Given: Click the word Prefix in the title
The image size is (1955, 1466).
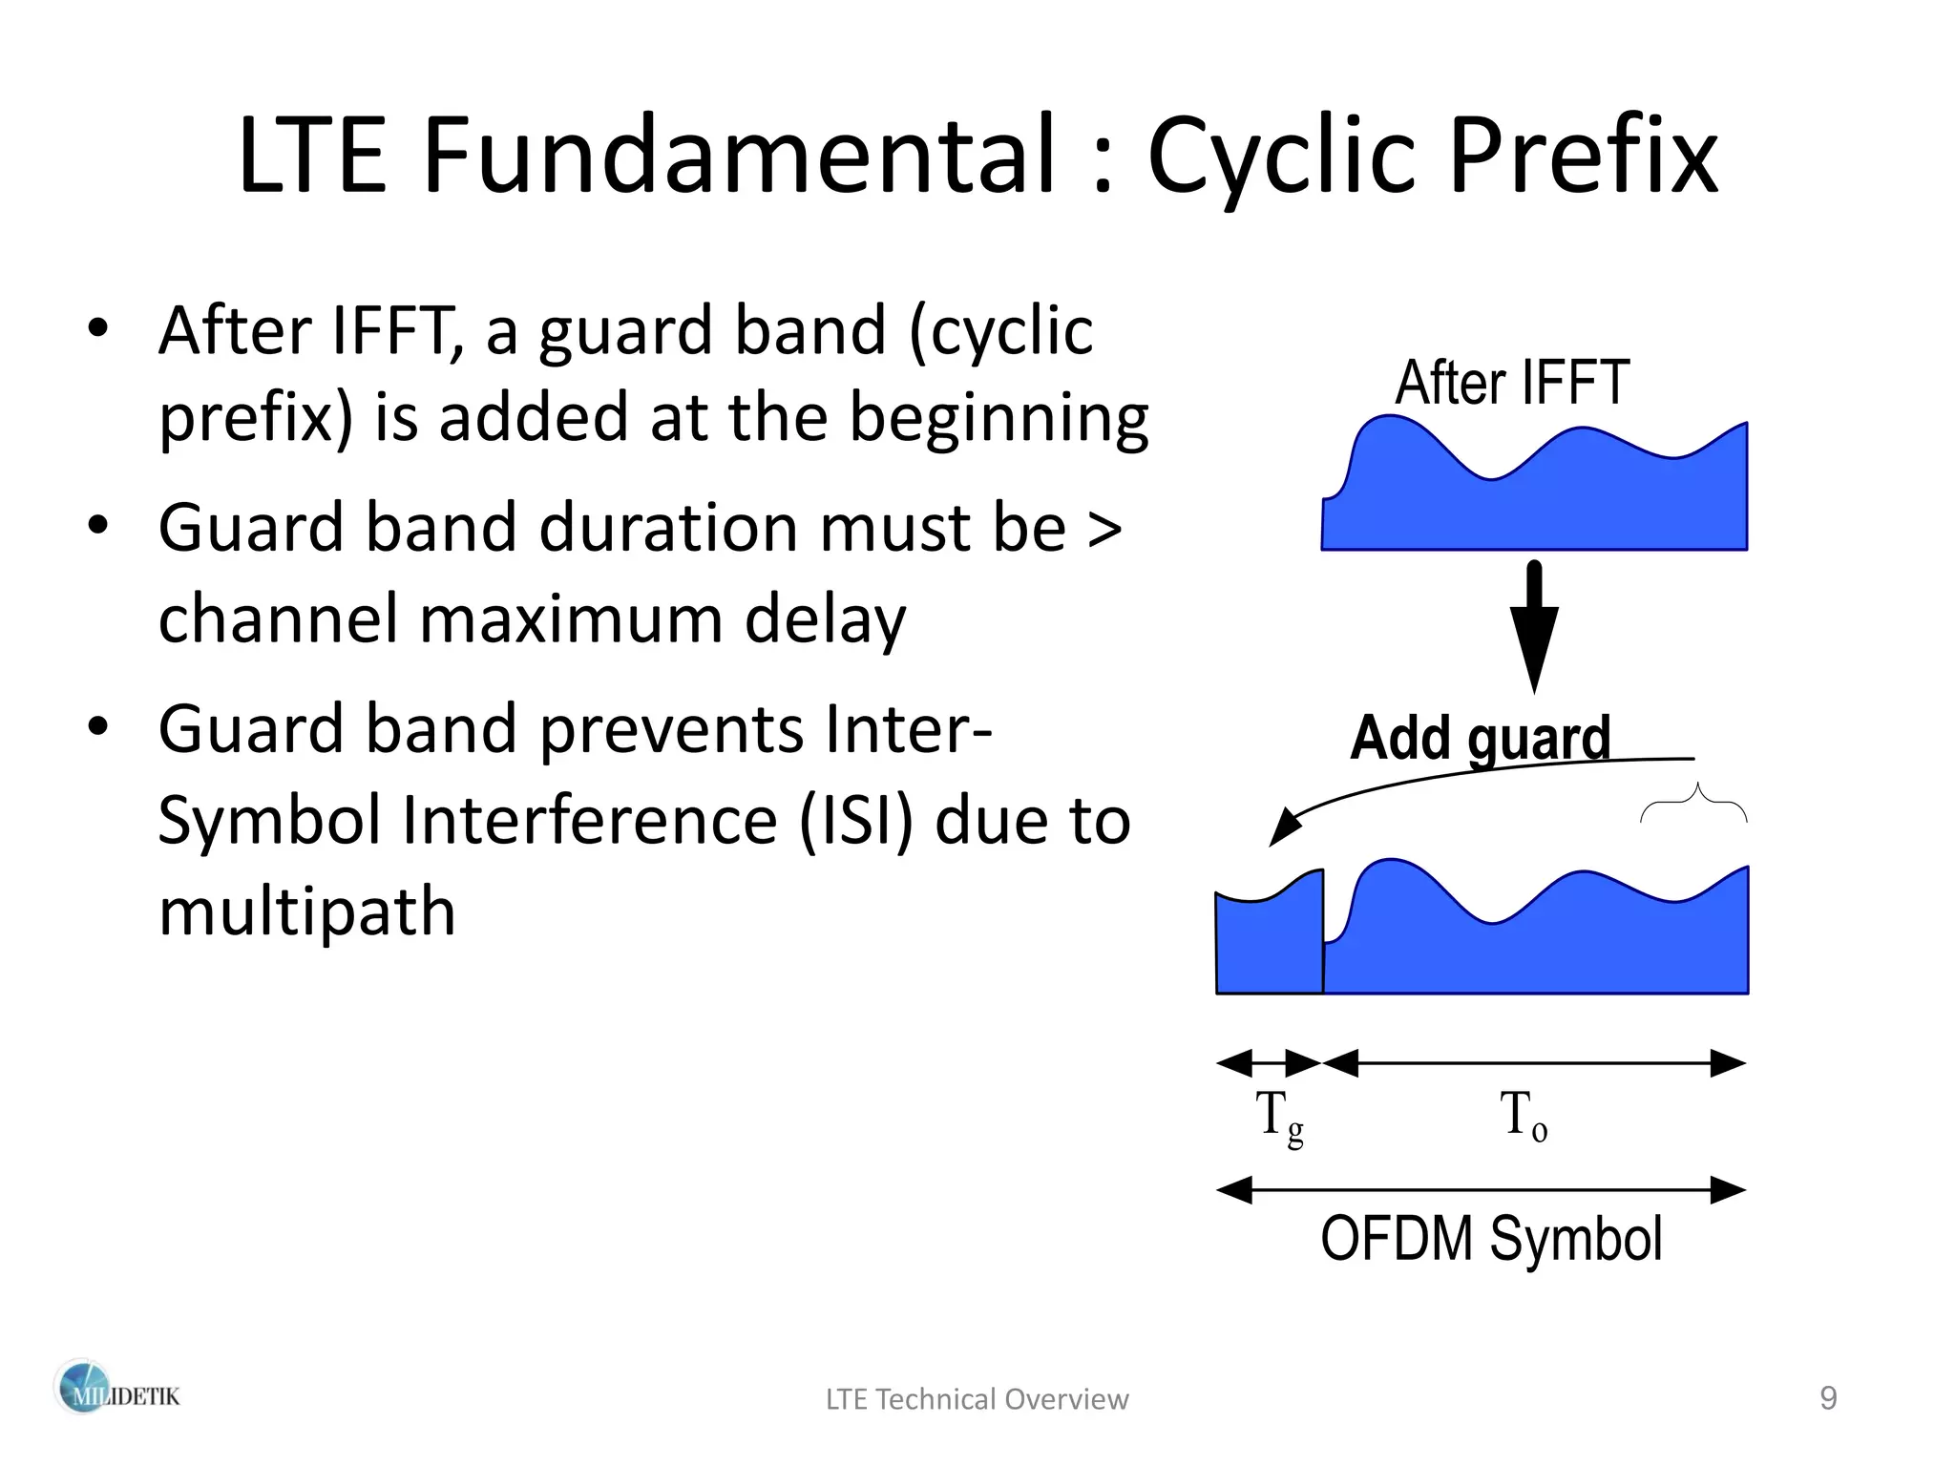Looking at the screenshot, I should point(1583,157).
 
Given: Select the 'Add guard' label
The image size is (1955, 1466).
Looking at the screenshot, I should point(1480,738).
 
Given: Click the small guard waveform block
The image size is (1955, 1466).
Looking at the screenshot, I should point(1269,945).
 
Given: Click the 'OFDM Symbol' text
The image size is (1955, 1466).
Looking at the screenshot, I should point(1491,1239).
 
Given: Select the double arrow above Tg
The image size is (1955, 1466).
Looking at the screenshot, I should point(1269,1062).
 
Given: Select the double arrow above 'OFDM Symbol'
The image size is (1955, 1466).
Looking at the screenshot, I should point(1482,1190).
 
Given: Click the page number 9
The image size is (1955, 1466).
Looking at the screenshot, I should point(1828,1398).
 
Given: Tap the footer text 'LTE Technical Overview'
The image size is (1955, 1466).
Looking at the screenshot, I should point(977,1399).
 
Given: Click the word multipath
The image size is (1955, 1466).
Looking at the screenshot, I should point(306,911).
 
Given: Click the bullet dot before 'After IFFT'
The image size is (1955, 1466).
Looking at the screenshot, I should point(97,329).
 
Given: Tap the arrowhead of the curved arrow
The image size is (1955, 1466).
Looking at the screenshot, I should point(1283,828).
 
